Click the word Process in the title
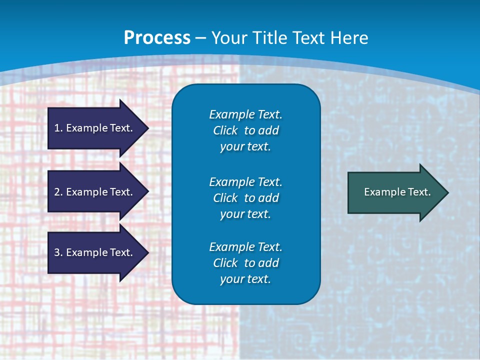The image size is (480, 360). [157, 38]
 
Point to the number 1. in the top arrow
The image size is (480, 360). [58, 128]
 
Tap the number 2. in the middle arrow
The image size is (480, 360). [58, 192]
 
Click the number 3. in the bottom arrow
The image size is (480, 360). [58, 252]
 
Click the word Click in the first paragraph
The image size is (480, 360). [225, 130]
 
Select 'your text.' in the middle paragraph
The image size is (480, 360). [245, 214]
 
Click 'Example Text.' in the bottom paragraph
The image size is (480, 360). [245, 247]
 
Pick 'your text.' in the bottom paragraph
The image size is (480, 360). [245, 279]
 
